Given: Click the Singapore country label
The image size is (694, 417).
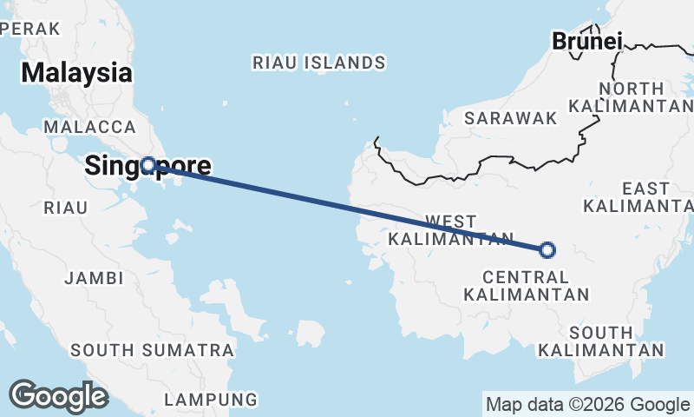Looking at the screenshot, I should click(x=147, y=165).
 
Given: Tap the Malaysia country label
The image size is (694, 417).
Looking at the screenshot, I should click(x=77, y=73).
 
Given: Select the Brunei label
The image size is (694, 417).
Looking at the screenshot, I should click(x=587, y=41).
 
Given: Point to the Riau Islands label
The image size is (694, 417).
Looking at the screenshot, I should click(x=318, y=63).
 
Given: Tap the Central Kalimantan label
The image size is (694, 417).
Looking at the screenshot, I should click(x=527, y=286).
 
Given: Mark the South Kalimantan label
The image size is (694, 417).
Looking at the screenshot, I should click(x=601, y=341).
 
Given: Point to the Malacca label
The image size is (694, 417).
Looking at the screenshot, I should click(x=87, y=127).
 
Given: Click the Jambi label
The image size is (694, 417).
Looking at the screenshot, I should click(x=94, y=278).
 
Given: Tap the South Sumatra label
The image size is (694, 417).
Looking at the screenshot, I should click(x=153, y=350).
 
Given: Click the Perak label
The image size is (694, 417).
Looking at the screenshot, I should click(x=31, y=29).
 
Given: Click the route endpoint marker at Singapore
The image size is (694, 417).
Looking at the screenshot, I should click(x=148, y=164).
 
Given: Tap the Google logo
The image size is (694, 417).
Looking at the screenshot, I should click(x=58, y=396).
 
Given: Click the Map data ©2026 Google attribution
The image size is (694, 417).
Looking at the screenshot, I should click(x=587, y=404).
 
